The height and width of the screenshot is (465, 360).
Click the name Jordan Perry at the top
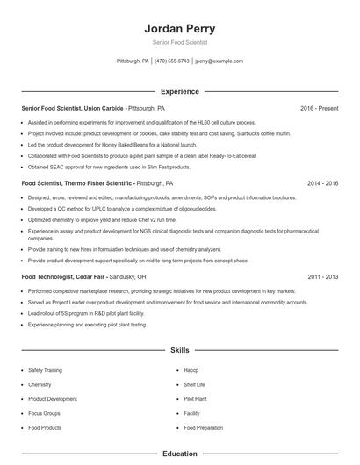[179, 28]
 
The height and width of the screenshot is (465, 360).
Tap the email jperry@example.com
[219, 61]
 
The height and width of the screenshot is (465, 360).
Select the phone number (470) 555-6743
[171, 61]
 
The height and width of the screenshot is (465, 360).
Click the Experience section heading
[179, 91]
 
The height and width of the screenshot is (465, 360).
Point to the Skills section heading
[179, 349]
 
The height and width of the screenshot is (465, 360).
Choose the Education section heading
[179, 454]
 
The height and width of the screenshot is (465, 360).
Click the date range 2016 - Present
[319, 108]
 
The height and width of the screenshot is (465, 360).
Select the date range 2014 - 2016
[322, 184]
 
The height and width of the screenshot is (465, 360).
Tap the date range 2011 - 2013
[322, 276]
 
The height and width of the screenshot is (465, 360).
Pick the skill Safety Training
[46, 371]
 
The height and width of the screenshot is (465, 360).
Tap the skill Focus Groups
[44, 413]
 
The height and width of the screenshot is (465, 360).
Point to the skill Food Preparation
[203, 427]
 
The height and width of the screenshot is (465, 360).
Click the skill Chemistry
[40, 385]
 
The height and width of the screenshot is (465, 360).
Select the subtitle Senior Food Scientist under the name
[179, 42]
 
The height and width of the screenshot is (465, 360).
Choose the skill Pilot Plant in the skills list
[196, 399]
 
